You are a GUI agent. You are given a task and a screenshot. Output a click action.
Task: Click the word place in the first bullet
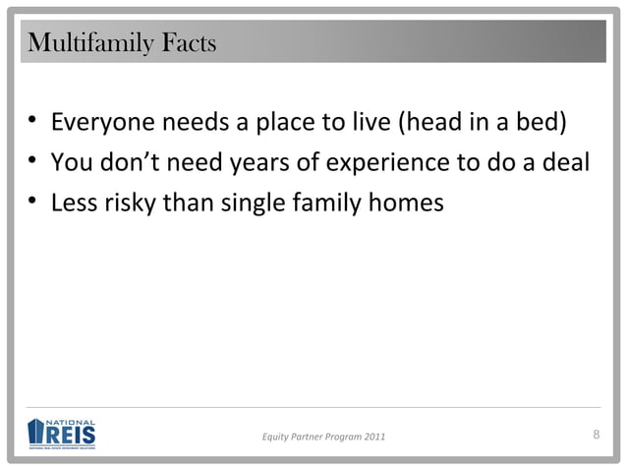tap(285, 125)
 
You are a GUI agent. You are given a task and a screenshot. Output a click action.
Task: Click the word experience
tap(386, 164)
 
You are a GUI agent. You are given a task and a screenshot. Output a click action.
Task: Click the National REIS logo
tap(62, 434)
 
